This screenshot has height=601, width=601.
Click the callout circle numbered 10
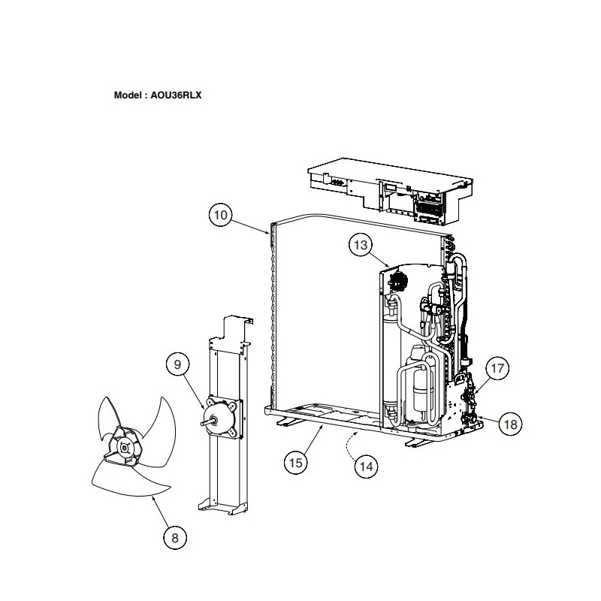click(x=220, y=215)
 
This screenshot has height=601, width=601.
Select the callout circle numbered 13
click(x=361, y=245)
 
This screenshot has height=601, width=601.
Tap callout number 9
click(x=177, y=364)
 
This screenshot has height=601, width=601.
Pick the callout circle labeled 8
click(x=175, y=538)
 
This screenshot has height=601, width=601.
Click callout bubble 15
click(x=295, y=463)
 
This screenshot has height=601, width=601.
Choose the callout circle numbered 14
click(x=367, y=467)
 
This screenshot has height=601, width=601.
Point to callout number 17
click(x=497, y=368)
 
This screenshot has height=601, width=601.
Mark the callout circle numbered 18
click(x=511, y=424)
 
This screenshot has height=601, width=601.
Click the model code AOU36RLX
click(x=176, y=95)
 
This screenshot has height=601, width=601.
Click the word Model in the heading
click(x=128, y=95)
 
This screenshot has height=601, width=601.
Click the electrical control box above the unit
click(x=390, y=191)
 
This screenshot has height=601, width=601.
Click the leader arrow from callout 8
click(x=161, y=512)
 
